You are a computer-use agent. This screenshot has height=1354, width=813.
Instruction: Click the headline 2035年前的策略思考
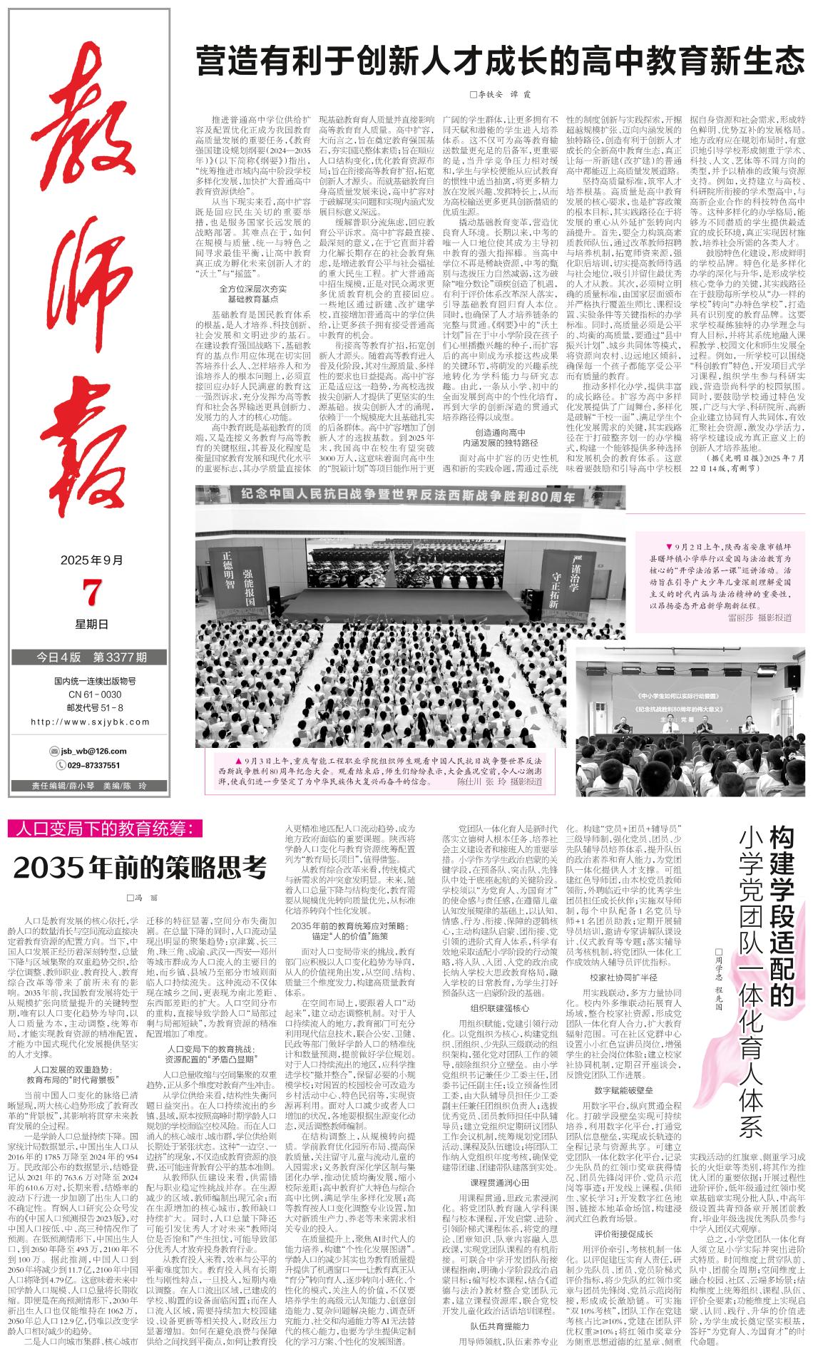click(x=140, y=868)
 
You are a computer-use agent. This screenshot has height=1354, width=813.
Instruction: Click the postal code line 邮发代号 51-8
click(x=91, y=707)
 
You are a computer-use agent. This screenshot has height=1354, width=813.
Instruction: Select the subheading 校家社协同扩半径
click(x=623, y=977)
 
